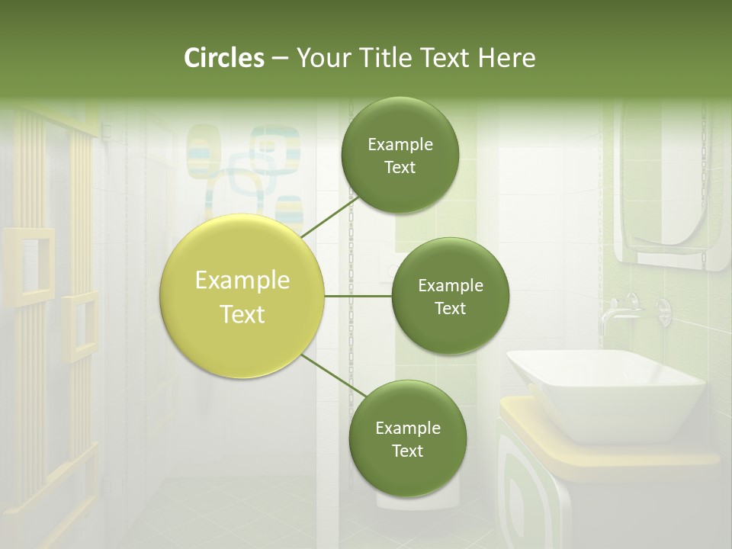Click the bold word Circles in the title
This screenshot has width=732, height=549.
pyautogui.click(x=223, y=58)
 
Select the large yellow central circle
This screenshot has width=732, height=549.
pyautogui.click(x=242, y=297)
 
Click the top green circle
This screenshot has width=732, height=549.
pyautogui.click(x=400, y=156)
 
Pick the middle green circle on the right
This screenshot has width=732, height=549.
pyautogui.click(x=450, y=297)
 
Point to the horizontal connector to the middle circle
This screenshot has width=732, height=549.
pyautogui.click(x=358, y=296)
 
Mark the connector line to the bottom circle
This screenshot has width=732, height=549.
pyautogui.click(x=334, y=378)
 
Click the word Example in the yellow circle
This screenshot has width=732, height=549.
pyautogui.click(x=242, y=281)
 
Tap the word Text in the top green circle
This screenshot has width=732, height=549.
pyautogui.click(x=400, y=168)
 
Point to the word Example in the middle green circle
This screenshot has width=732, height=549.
pyautogui.click(x=450, y=286)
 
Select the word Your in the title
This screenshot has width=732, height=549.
pyautogui.click(x=321, y=58)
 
